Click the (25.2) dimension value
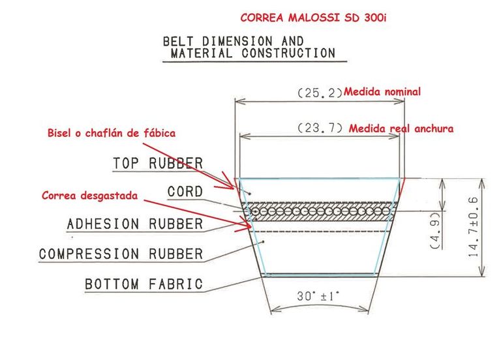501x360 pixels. coord(320,93)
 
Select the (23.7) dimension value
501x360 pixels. coord(320,128)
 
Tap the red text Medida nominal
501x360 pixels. coord(382,92)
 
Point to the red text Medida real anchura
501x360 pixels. coord(401,128)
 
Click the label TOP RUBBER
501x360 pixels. coord(158,163)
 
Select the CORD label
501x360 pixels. coord(185,193)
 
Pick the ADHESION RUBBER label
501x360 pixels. coord(135,224)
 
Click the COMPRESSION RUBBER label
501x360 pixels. coord(121,254)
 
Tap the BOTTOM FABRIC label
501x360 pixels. coord(144,285)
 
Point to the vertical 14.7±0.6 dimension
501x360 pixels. coord(473,228)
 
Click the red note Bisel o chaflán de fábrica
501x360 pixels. coord(111,133)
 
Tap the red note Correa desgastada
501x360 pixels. coord(89,195)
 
